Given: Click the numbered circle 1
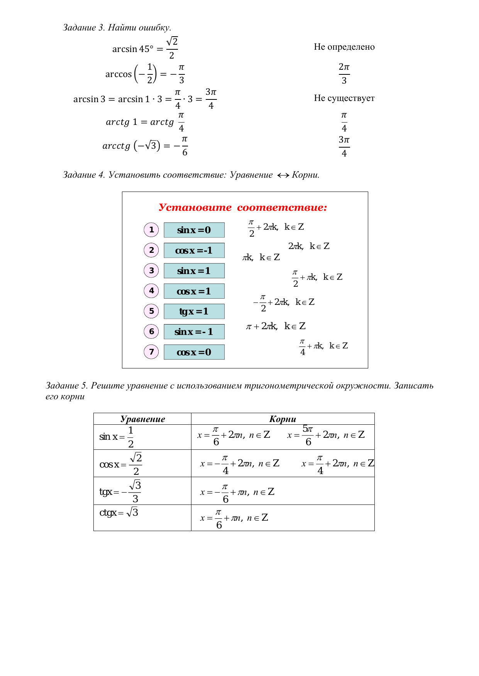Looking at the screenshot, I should (x=151, y=230).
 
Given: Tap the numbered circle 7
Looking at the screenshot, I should (x=151, y=352).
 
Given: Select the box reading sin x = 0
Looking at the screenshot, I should (x=194, y=230).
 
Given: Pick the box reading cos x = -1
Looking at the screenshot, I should (x=194, y=251).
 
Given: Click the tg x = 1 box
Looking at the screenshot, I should (x=194, y=311).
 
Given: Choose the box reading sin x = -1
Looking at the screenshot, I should (x=194, y=332).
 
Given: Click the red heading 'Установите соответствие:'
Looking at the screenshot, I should (x=243, y=208).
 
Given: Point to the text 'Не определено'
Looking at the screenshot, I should (x=344, y=47).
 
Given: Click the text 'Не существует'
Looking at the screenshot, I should (x=344, y=98).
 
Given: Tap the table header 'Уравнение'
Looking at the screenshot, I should (x=142, y=419).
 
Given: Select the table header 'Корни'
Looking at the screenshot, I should (x=283, y=419).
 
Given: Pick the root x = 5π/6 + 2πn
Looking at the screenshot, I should (x=326, y=435).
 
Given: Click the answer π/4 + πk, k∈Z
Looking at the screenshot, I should (x=323, y=346).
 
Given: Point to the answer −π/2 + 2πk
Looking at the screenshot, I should (x=284, y=302).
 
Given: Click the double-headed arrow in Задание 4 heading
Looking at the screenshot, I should (x=283, y=175).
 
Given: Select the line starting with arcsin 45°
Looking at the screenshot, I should (x=145, y=49).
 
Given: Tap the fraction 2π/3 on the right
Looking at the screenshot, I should (x=344, y=74).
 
